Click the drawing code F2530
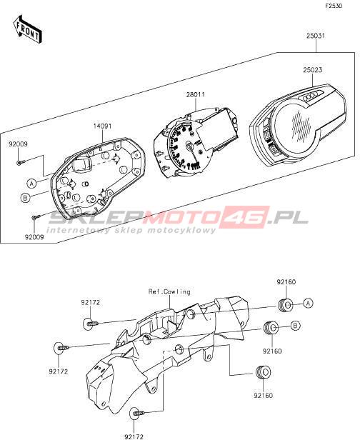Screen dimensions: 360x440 click(334, 6)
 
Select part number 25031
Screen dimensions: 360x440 click(316, 36)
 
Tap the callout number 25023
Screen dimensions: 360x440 click(312, 70)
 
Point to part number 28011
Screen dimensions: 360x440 click(196, 94)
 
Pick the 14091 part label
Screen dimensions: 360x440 click(102, 126)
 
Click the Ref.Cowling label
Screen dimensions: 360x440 click(169, 291)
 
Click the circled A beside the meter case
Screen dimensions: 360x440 click(31, 184)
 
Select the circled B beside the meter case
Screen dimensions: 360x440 click(25, 198)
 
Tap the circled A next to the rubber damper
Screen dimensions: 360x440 click(309, 303)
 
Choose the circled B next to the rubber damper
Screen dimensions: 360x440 click(295, 326)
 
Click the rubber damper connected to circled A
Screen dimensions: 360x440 click(286, 305)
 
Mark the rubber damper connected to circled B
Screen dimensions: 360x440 click(271, 327)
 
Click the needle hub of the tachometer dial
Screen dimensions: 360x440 click(189, 146)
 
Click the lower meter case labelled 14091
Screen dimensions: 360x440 click(98, 177)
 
